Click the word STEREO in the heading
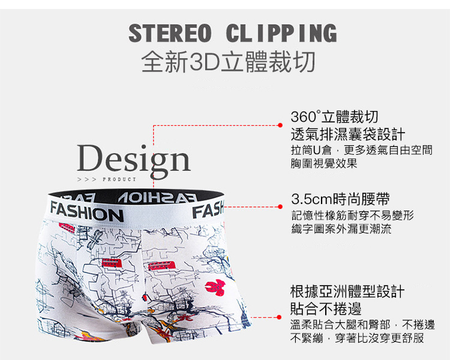point(170,33)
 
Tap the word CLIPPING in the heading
point(281,33)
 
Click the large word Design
point(133,160)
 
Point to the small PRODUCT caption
point(120,179)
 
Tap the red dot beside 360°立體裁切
point(280,125)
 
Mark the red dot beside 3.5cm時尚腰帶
point(280,207)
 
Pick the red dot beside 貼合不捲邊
point(280,317)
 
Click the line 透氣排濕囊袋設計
point(347,134)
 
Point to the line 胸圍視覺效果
point(324,163)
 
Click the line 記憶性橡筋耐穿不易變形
point(352,215)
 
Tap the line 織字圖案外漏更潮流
point(341,229)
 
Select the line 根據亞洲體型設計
point(347,293)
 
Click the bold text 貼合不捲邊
point(326,310)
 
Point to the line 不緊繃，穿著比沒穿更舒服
point(357,338)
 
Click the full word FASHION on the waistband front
point(86,214)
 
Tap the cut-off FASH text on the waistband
point(207,211)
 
